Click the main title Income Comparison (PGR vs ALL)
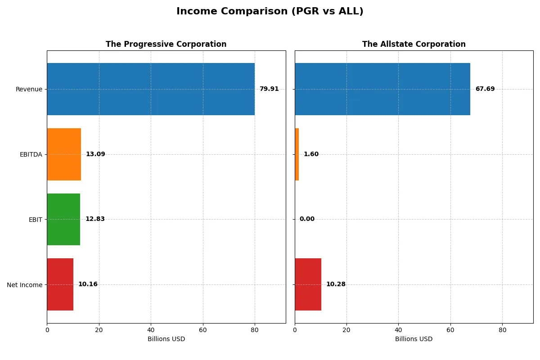pos(270,12)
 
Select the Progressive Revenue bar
pos(151,89)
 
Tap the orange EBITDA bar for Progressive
pos(64,154)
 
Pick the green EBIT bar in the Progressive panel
pos(63,219)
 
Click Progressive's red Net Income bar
pos(60,284)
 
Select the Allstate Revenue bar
pos(382,89)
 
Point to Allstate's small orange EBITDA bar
pos(297,154)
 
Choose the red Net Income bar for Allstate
pos(308,284)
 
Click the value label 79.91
pos(269,89)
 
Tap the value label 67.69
pos(485,89)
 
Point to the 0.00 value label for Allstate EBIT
pos(307,219)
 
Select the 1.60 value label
pos(311,154)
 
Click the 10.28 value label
pos(336,284)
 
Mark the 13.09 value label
pos(95,154)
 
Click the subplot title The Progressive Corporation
pos(166,45)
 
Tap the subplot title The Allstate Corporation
pos(414,45)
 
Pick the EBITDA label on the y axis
pos(31,155)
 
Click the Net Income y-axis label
pos(25,285)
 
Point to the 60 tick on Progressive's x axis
pos(203,330)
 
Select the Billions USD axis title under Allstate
pos(414,339)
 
